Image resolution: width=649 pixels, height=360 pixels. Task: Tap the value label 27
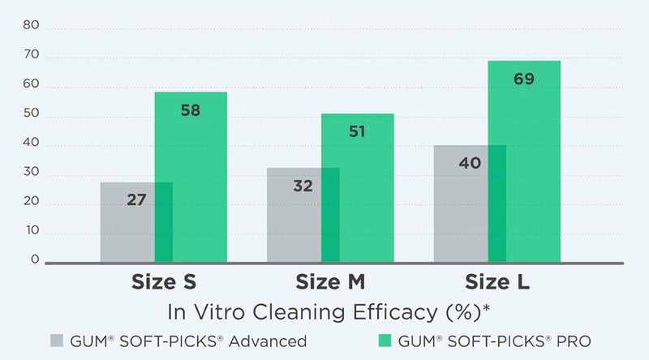pyautogui.click(x=136, y=199)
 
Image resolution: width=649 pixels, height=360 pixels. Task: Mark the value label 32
pyautogui.click(x=303, y=186)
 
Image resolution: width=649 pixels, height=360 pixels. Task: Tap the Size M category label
pyautogui.click(x=330, y=282)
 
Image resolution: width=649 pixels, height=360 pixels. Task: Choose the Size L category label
pyautogui.click(x=497, y=282)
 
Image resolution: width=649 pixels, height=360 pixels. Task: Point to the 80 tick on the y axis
pyautogui.click(x=31, y=24)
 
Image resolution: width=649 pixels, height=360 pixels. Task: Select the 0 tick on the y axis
pyautogui.click(x=35, y=259)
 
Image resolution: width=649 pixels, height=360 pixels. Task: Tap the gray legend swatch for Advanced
pyautogui.click(x=57, y=341)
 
